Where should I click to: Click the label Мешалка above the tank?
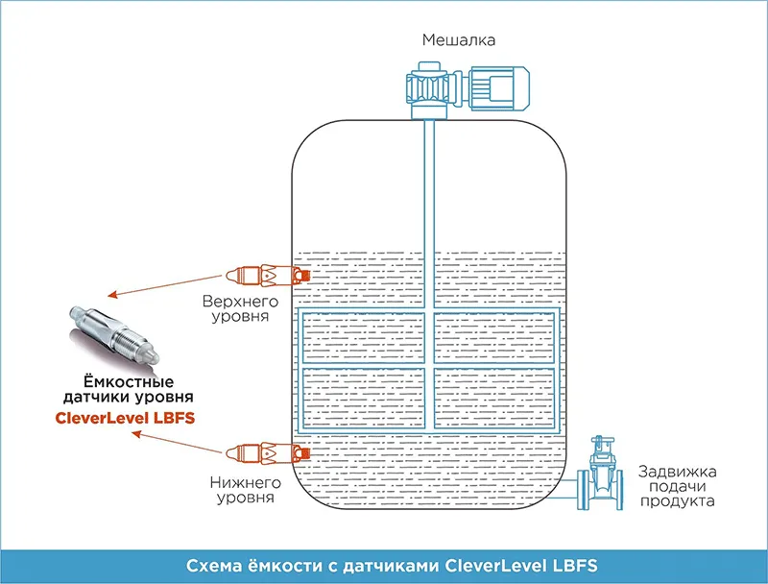click(x=459, y=40)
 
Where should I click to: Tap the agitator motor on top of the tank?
click(x=498, y=87)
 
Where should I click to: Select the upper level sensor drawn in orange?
click(x=268, y=276)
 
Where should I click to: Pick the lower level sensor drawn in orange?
click(x=268, y=453)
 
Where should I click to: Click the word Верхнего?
click(x=240, y=302)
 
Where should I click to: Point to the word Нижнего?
click(x=245, y=483)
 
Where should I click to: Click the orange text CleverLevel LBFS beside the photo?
click(x=125, y=418)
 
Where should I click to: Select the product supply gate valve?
click(x=599, y=474)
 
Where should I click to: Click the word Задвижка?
click(x=677, y=472)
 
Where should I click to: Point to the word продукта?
click(x=677, y=501)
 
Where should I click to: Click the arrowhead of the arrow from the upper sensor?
click(x=112, y=295)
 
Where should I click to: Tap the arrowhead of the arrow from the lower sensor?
click(x=136, y=434)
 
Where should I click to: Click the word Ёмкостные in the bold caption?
click(x=129, y=381)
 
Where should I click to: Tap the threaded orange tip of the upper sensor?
click(x=303, y=276)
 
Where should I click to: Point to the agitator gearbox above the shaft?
click(x=429, y=90)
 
